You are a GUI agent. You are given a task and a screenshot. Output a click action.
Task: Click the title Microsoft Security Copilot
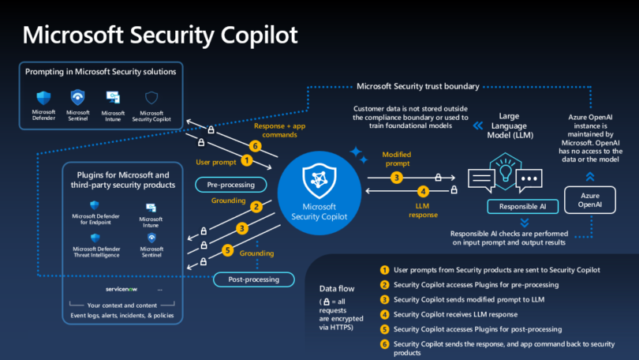tap(161, 35)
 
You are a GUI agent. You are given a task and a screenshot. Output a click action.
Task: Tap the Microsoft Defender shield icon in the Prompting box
tap(43, 98)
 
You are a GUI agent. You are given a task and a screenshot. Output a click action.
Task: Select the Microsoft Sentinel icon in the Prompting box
tap(78, 98)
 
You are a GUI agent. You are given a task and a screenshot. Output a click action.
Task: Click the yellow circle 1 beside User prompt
tap(247, 160)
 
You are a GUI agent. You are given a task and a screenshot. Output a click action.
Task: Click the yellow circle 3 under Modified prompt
tap(397, 178)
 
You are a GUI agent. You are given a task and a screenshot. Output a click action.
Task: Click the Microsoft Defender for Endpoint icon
tap(94, 207)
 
